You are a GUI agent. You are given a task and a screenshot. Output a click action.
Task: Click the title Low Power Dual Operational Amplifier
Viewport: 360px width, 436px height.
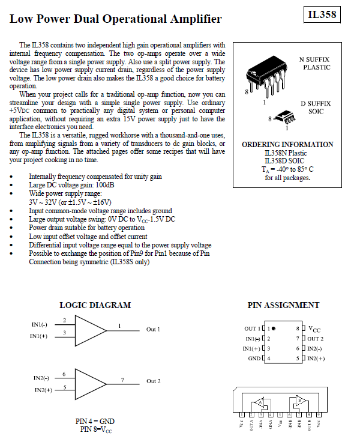[x=115, y=19]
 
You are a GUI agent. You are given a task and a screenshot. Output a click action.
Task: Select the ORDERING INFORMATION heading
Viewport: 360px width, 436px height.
[x=287, y=145]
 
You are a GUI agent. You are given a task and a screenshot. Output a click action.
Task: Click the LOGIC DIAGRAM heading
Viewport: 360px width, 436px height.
[x=95, y=305]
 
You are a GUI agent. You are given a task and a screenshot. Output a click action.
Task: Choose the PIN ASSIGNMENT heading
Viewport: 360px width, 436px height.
[x=283, y=305]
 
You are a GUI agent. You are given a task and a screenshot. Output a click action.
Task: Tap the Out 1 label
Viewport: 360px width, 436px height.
[x=153, y=330]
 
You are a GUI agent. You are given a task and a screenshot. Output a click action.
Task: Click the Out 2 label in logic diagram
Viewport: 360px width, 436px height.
[x=153, y=381]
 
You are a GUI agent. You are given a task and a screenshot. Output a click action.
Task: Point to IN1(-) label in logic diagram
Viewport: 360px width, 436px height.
[x=40, y=324]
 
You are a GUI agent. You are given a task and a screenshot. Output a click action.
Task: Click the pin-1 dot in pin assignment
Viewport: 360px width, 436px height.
[x=274, y=329]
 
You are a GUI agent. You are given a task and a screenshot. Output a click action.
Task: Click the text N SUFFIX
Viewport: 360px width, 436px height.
[x=314, y=59]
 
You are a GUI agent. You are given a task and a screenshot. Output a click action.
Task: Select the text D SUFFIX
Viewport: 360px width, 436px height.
[x=315, y=103]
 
